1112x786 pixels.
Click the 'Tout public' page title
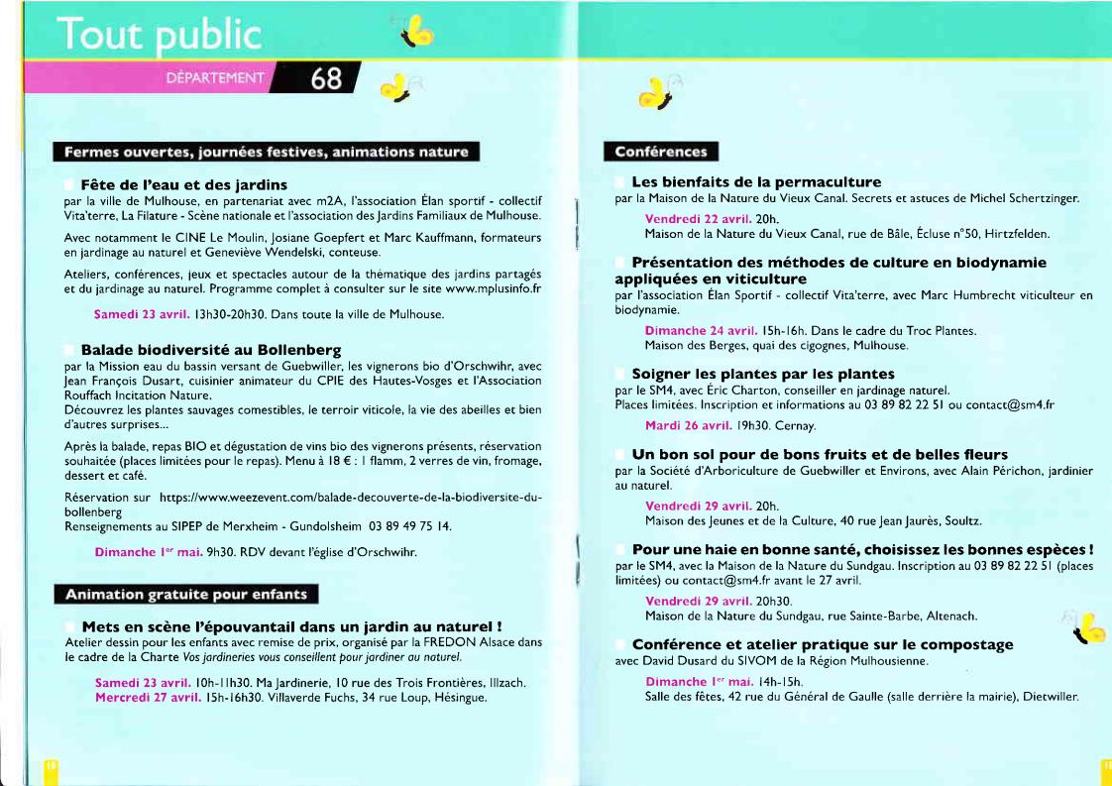click(x=158, y=36)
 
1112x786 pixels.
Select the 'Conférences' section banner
click(x=660, y=152)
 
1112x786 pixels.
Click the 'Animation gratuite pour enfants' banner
click(x=185, y=595)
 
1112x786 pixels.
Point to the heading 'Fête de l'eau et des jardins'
click(x=183, y=184)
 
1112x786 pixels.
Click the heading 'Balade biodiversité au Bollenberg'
click(x=210, y=350)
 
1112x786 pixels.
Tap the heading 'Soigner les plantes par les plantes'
click(x=763, y=374)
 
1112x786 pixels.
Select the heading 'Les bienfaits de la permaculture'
click(x=756, y=182)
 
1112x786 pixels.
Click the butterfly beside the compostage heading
click(x=1088, y=626)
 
